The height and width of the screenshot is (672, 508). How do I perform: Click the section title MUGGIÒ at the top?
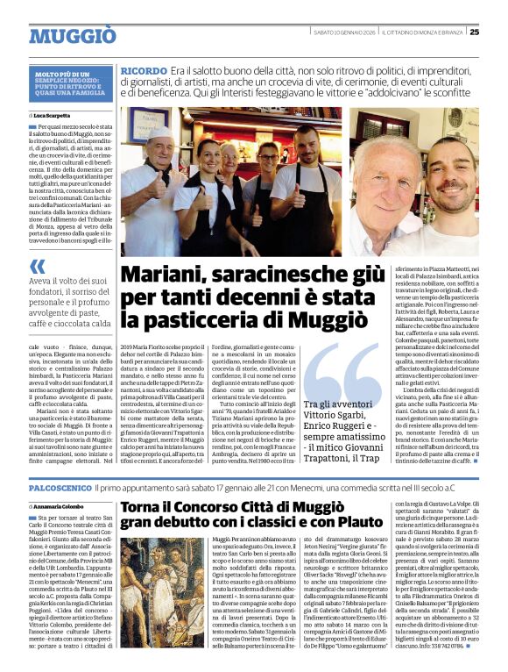[x=72, y=36]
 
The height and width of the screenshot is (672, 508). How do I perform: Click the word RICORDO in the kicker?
[x=145, y=69]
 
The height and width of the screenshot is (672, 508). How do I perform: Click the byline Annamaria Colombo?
[x=64, y=506]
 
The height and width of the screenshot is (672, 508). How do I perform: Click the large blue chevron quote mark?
[x=38, y=268]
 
